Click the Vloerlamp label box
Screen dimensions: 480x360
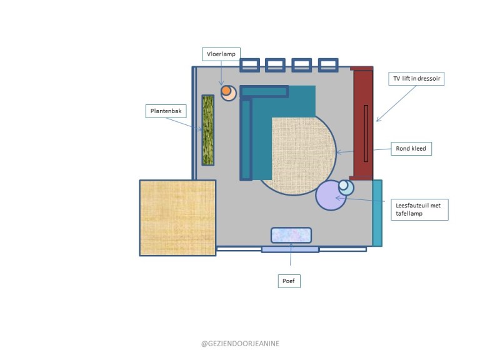pos(221,54)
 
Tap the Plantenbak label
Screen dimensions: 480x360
pos(166,111)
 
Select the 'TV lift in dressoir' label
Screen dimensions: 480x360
pos(416,79)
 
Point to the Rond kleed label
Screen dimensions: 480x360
pos(411,149)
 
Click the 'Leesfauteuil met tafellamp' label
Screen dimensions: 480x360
pos(419,210)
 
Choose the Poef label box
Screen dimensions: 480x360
pos(289,281)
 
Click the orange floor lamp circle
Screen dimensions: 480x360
pos(226,91)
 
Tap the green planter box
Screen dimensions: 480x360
pos(208,130)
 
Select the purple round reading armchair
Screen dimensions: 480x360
pos(331,196)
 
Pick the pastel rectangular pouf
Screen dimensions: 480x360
pos(291,235)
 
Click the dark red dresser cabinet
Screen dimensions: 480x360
pos(362,123)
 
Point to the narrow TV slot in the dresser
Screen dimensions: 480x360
pos(366,134)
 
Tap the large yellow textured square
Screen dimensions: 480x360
pos(178,218)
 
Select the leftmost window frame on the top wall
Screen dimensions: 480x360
pos(250,65)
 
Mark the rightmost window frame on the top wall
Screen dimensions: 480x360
pos(328,65)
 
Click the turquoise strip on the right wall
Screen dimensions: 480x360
pos(377,213)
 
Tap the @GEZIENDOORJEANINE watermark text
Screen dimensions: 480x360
pos(240,344)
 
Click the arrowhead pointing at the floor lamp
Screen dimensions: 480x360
pos(221,83)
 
